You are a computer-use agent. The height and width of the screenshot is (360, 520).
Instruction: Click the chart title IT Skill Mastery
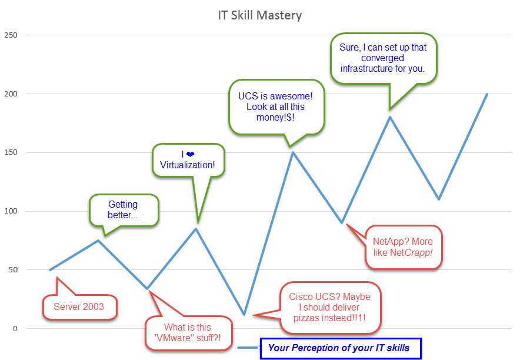259,14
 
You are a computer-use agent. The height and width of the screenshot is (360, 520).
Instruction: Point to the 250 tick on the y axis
11,35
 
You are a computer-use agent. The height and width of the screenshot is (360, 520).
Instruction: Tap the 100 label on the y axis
11,211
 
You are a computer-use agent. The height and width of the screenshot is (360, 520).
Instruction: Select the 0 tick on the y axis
15,328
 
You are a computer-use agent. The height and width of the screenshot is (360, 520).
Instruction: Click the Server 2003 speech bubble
78,306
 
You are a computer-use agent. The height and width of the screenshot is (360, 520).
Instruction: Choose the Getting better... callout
124,210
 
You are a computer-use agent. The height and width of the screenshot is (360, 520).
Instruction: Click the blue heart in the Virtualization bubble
191,154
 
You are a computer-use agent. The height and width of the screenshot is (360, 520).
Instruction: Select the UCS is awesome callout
276,106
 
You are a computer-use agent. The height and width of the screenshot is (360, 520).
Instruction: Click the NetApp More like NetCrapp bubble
404,247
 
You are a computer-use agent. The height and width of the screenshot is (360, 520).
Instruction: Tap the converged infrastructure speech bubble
383,58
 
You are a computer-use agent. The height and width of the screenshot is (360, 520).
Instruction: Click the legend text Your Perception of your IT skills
339,348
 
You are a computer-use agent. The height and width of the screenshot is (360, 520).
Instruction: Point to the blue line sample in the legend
248,348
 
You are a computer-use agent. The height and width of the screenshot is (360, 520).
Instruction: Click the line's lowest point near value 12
244,315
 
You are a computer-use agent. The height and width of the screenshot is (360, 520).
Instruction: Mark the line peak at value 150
292,152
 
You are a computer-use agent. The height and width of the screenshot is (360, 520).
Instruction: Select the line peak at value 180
389,117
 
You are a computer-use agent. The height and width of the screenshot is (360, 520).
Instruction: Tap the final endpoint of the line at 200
487,94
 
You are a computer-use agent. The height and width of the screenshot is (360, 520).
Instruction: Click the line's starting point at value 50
50,270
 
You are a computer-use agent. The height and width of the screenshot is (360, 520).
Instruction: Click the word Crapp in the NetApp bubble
424,253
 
